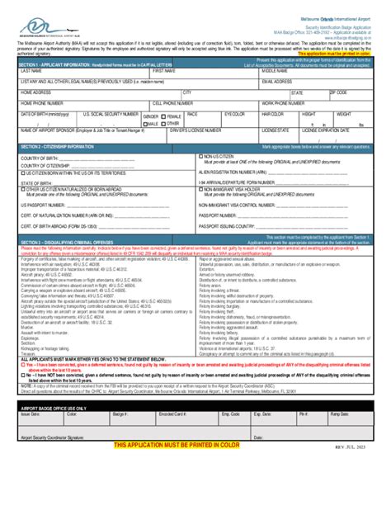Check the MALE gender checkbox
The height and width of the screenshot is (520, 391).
click(x=145, y=123)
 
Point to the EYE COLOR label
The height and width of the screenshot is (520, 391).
click(x=235, y=113)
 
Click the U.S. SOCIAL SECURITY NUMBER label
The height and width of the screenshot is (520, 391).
click(x=108, y=113)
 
